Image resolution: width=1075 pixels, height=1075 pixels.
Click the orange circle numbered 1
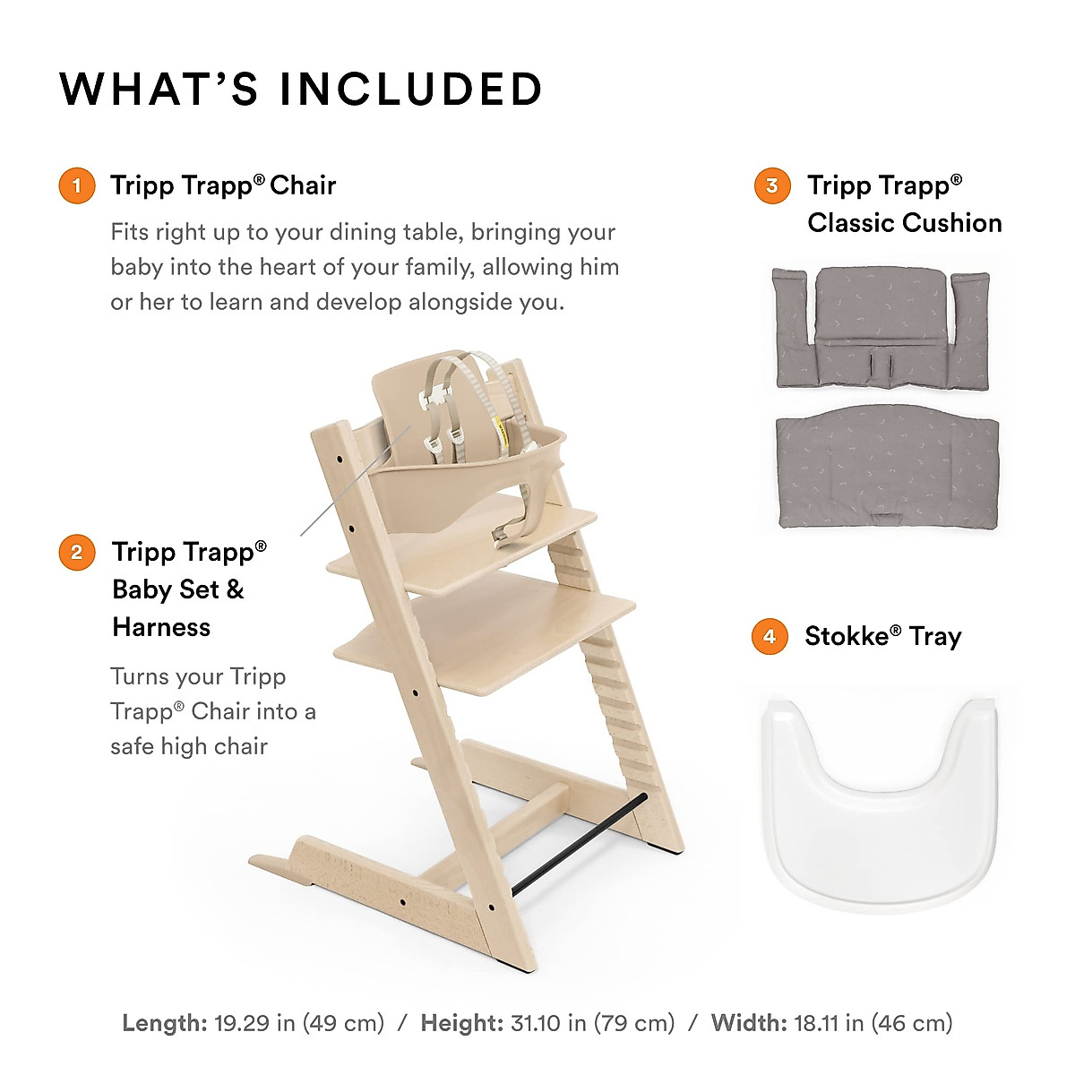point(77,186)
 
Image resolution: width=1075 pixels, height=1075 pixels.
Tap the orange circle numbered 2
point(77,553)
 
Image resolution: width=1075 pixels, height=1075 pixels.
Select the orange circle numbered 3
point(772,186)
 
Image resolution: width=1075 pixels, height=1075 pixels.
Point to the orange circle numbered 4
point(770,637)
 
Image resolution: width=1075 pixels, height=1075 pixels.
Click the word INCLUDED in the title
point(411,90)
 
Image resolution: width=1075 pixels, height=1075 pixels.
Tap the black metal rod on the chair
point(578,842)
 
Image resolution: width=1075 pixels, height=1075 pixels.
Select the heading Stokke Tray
point(882,637)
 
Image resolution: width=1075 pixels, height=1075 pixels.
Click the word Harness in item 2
point(161,627)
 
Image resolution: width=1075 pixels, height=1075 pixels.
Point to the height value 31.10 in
point(546,1023)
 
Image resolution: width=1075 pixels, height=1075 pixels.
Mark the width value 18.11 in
point(829,1023)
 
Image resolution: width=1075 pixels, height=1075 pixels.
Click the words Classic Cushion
point(904,223)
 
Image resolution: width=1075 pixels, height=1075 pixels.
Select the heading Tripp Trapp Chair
point(222,186)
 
